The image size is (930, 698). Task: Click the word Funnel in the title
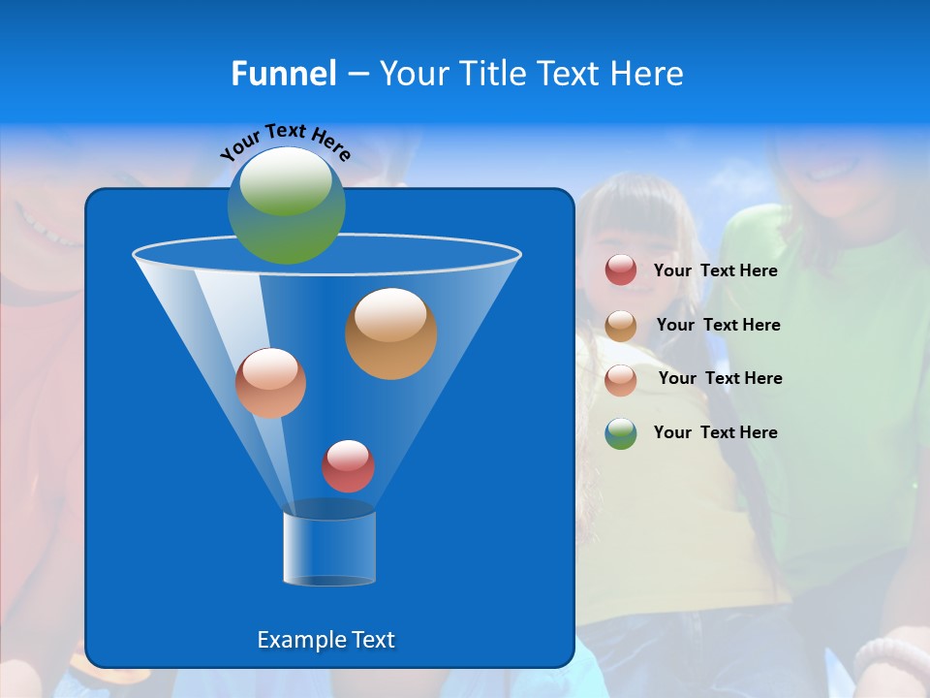tap(284, 74)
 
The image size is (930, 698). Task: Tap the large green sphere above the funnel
tap(287, 206)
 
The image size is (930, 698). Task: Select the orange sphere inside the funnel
tap(391, 333)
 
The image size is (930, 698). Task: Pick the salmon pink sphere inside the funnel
tap(270, 383)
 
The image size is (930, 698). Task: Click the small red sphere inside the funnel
tap(348, 466)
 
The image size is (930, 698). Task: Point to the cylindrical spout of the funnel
tap(329, 549)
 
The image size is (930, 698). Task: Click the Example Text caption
tap(325, 640)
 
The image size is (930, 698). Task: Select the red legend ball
tap(621, 270)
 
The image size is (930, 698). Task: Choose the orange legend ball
tap(621, 326)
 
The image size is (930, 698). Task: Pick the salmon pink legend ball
tap(621, 379)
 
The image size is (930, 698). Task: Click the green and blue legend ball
tap(621, 433)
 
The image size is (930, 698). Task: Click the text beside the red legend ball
tap(715, 271)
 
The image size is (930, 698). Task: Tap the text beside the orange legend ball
tap(718, 326)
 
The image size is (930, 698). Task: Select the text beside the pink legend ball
tap(720, 379)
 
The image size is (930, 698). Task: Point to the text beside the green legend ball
tap(715, 433)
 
